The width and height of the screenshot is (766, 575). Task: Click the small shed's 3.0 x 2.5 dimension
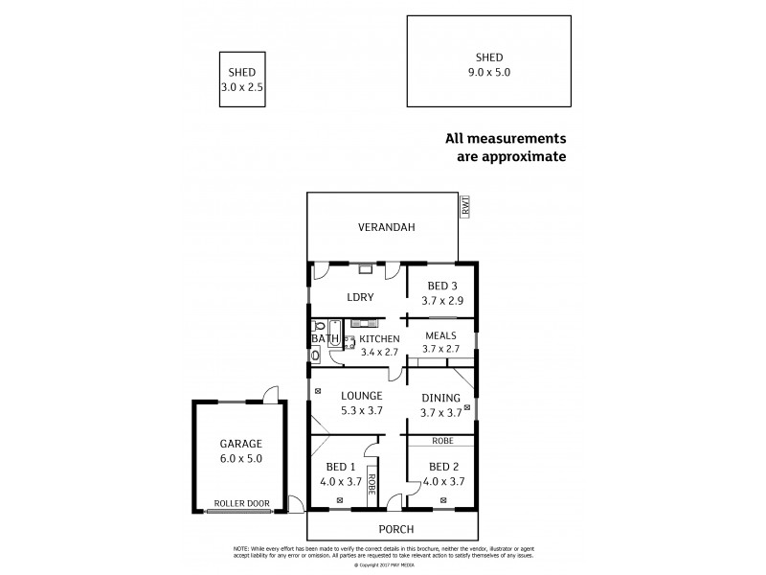(x=241, y=86)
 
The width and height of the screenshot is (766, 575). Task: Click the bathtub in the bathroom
(x=332, y=332)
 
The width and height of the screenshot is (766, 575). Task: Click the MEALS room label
(x=441, y=335)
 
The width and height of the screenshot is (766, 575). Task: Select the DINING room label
(x=440, y=398)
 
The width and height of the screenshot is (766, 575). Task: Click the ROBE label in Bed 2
(x=441, y=441)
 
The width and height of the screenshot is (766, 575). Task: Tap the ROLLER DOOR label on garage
(x=241, y=503)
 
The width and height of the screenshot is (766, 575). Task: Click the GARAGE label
(x=241, y=444)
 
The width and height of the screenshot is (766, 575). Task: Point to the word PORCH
(x=395, y=529)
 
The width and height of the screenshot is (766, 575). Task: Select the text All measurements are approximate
(x=507, y=147)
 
